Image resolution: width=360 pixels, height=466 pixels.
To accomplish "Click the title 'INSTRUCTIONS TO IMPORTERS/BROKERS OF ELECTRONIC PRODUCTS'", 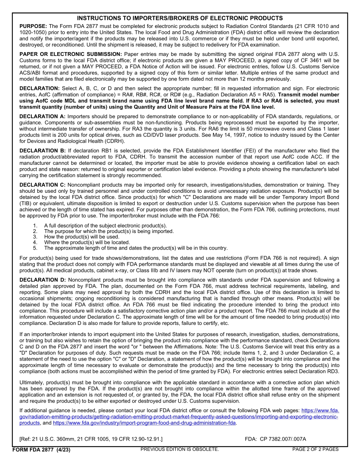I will pos(180,18).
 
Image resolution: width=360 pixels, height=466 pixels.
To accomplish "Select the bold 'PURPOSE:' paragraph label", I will pos(34,26).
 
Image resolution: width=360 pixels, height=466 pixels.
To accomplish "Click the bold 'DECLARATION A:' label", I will pos(42,116).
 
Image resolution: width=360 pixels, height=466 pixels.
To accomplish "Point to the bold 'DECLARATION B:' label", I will pos(42,150).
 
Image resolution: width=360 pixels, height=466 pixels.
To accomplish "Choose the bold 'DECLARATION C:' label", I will pos(42,185).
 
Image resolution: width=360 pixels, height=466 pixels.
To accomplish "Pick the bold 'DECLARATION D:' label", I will pos(42,280).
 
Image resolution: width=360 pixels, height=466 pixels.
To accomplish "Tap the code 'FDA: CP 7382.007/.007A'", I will pos(275,439).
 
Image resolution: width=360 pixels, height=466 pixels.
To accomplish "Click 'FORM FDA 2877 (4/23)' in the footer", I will pos(41,449).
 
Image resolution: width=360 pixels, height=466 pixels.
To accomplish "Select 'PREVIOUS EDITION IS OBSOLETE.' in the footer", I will pos(180,449).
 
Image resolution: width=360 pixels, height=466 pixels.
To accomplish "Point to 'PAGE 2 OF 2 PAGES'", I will pos(315,449).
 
